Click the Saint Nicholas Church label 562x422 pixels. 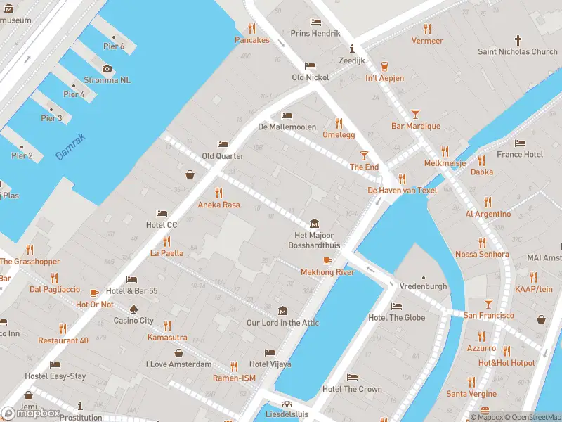[518, 51]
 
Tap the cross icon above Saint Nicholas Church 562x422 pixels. [518, 40]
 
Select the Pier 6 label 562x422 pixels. [113, 46]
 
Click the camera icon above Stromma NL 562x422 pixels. [107, 68]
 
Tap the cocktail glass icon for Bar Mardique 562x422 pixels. [415, 114]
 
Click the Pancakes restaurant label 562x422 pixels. [251, 40]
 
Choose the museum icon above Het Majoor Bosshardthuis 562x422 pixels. [313, 223]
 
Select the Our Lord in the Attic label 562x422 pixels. [282, 323]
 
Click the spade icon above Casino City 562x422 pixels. [133, 309]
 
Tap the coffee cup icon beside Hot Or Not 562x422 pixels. [94, 292]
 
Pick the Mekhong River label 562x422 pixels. [327, 272]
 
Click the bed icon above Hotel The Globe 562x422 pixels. [396, 306]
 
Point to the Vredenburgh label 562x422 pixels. [423, 287]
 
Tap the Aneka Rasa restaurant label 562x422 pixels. [218, 205]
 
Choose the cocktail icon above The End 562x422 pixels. [364, 155]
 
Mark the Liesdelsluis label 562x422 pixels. [287, 415]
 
